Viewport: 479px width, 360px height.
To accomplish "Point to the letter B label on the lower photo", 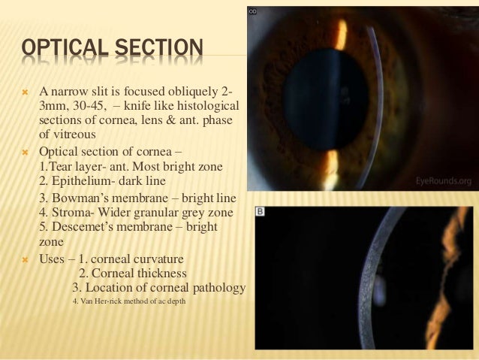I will (261, 213).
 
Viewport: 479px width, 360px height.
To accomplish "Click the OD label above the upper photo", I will (253, 11).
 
